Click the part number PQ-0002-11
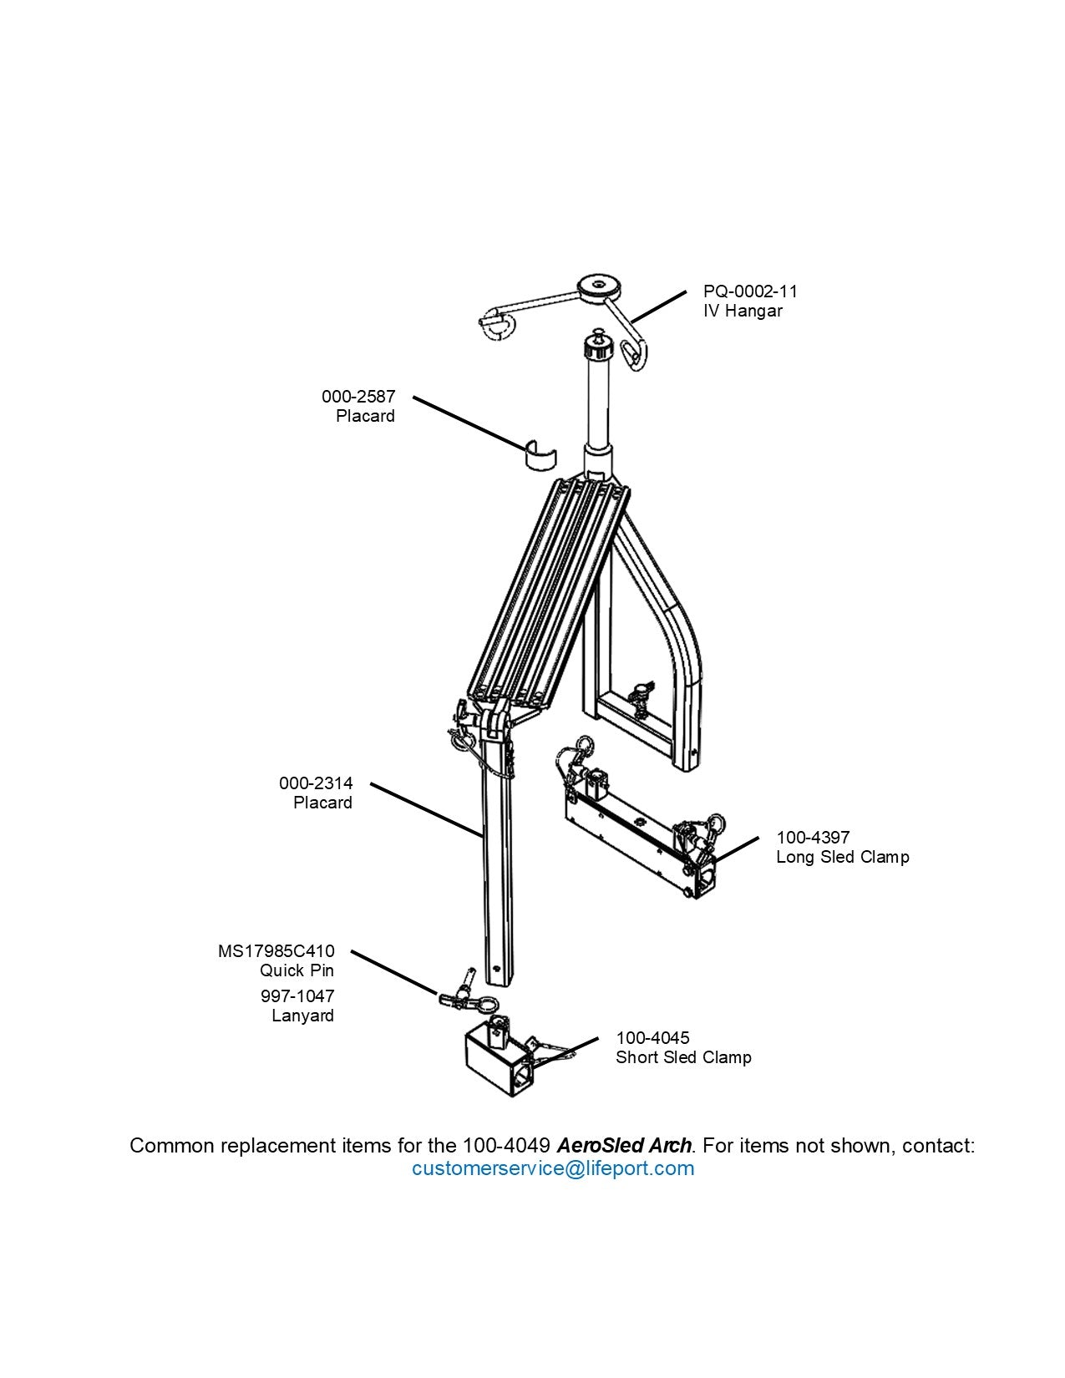tap(749, 291)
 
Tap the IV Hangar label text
tap(743, 311)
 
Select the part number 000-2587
tap(358, 396)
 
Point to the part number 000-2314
tap(316, 783)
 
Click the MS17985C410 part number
tap(276, 950)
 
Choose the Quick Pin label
tap(297, 970)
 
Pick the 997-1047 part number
tap(297, 996)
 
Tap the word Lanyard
tap(302, 1016)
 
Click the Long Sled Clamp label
tap(842, 857)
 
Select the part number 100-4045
tap(652, 1037)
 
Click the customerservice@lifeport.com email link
tap(552, 1168)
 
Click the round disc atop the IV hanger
tap(600, 285)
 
